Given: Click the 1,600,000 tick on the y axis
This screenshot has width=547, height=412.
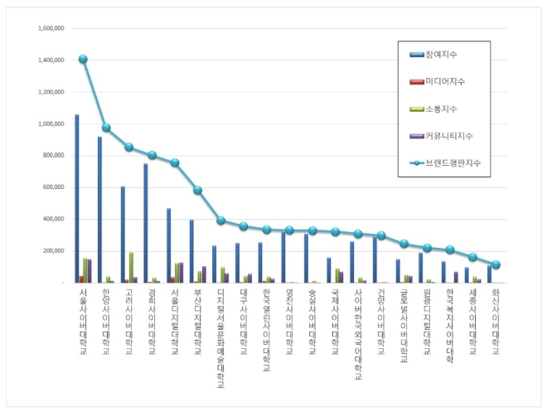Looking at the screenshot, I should point(51,28).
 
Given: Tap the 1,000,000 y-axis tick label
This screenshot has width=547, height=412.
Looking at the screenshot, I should point(51,124).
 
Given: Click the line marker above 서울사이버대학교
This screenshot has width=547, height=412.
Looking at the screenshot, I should point(83,59).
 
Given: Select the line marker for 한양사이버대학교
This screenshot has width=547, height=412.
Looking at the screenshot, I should point(106,128).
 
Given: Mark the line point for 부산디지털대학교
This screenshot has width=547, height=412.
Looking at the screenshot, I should point(197,190).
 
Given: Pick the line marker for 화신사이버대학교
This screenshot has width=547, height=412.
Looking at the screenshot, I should point(496,265).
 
